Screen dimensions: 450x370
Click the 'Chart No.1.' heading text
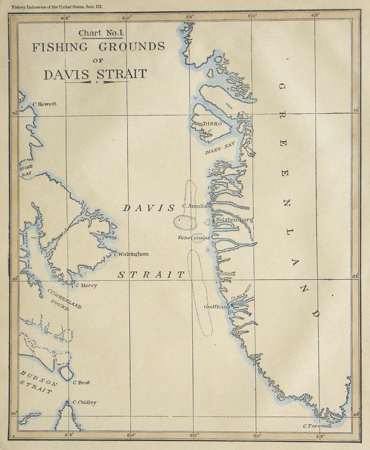tap(97, 33)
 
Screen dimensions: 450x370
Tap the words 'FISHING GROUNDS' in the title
tap(98, 47)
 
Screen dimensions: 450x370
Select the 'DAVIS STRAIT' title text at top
tap(95, 74)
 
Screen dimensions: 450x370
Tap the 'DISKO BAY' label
tap(220, 149)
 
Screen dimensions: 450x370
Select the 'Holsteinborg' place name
tap(234, 220)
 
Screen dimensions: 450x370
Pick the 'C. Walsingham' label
tap(131, 254)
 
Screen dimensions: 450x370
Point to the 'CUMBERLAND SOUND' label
tap(64, 300)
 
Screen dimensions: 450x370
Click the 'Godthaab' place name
tap(217, 306)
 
